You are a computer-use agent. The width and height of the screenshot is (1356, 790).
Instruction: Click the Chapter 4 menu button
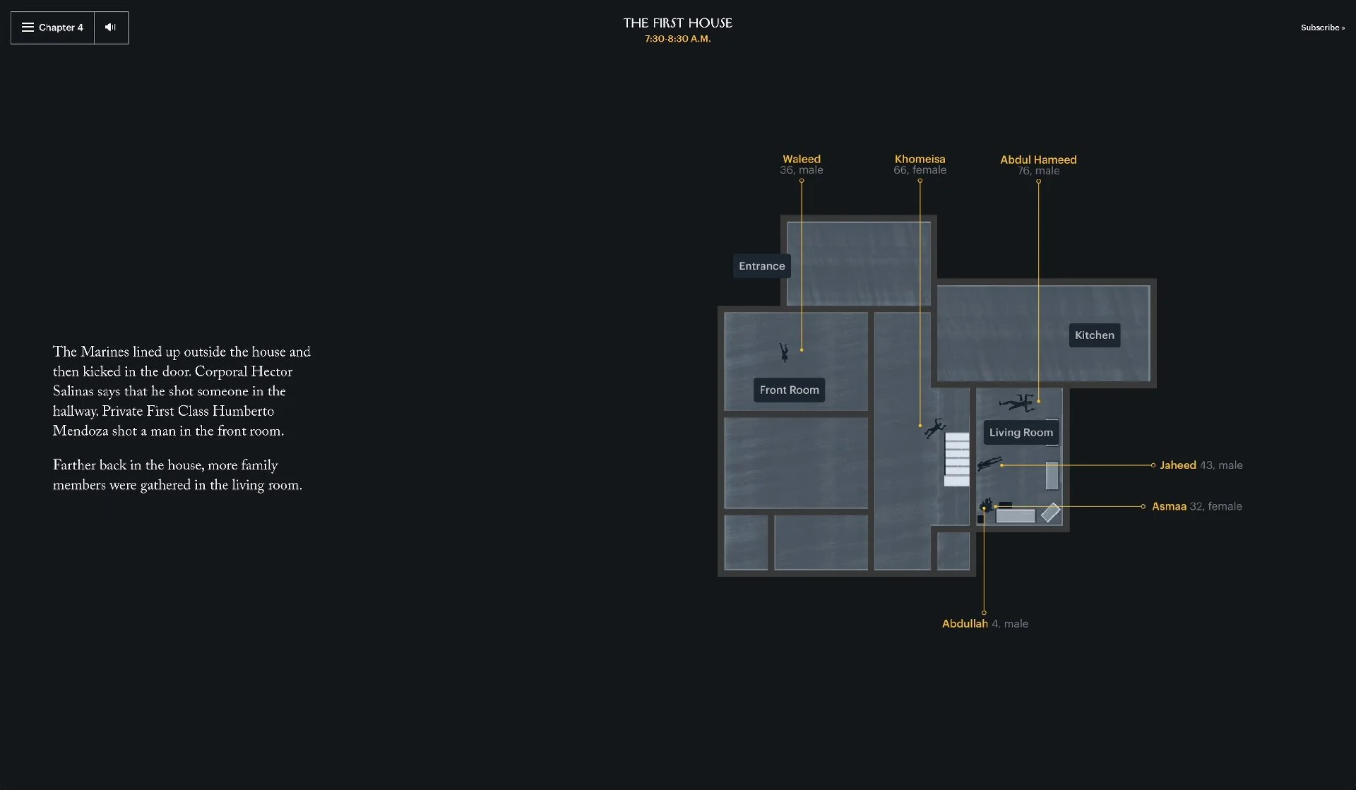click(x=53, y=28)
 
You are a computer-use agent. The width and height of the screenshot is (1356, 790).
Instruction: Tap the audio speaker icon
click(x=111, y=28)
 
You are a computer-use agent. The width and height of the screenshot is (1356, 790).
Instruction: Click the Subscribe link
click(x=1322, y=28)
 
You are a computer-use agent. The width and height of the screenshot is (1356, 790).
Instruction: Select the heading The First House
click(x=677, y=23)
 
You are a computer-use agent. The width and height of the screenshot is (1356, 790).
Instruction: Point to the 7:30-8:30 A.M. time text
click(x=677, y=39)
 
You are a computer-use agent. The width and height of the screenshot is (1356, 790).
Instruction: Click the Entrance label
click(x=761, y=266)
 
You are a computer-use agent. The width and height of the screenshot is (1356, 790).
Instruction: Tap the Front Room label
click(x=789, y=390)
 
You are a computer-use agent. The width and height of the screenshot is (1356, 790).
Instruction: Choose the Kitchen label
click(x=1094, y=335)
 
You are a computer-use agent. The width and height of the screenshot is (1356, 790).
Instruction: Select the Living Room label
click(x=1021, y=432)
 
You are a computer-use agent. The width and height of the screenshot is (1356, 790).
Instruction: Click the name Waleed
click(x=801, y=159)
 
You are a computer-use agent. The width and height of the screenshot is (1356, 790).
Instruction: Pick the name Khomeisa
click(x=920, y=159)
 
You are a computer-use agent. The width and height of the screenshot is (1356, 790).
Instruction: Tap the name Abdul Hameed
click(x=1037, y=160)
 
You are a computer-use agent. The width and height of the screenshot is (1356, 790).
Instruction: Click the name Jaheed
click(x=1177, y=465)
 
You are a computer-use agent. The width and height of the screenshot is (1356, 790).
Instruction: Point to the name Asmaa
click(x=1169, y=506)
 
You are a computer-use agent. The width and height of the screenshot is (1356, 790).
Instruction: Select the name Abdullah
click(x=964, y=623)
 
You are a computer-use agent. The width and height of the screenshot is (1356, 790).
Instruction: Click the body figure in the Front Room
click(x=784, y=352)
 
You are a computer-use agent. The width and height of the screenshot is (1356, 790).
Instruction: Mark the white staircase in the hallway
click(x=957, y=459)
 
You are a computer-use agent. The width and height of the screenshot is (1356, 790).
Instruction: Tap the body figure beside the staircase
click(x=935, y=428)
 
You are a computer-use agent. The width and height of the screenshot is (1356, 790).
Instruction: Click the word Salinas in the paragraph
click(x=73, y=392)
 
